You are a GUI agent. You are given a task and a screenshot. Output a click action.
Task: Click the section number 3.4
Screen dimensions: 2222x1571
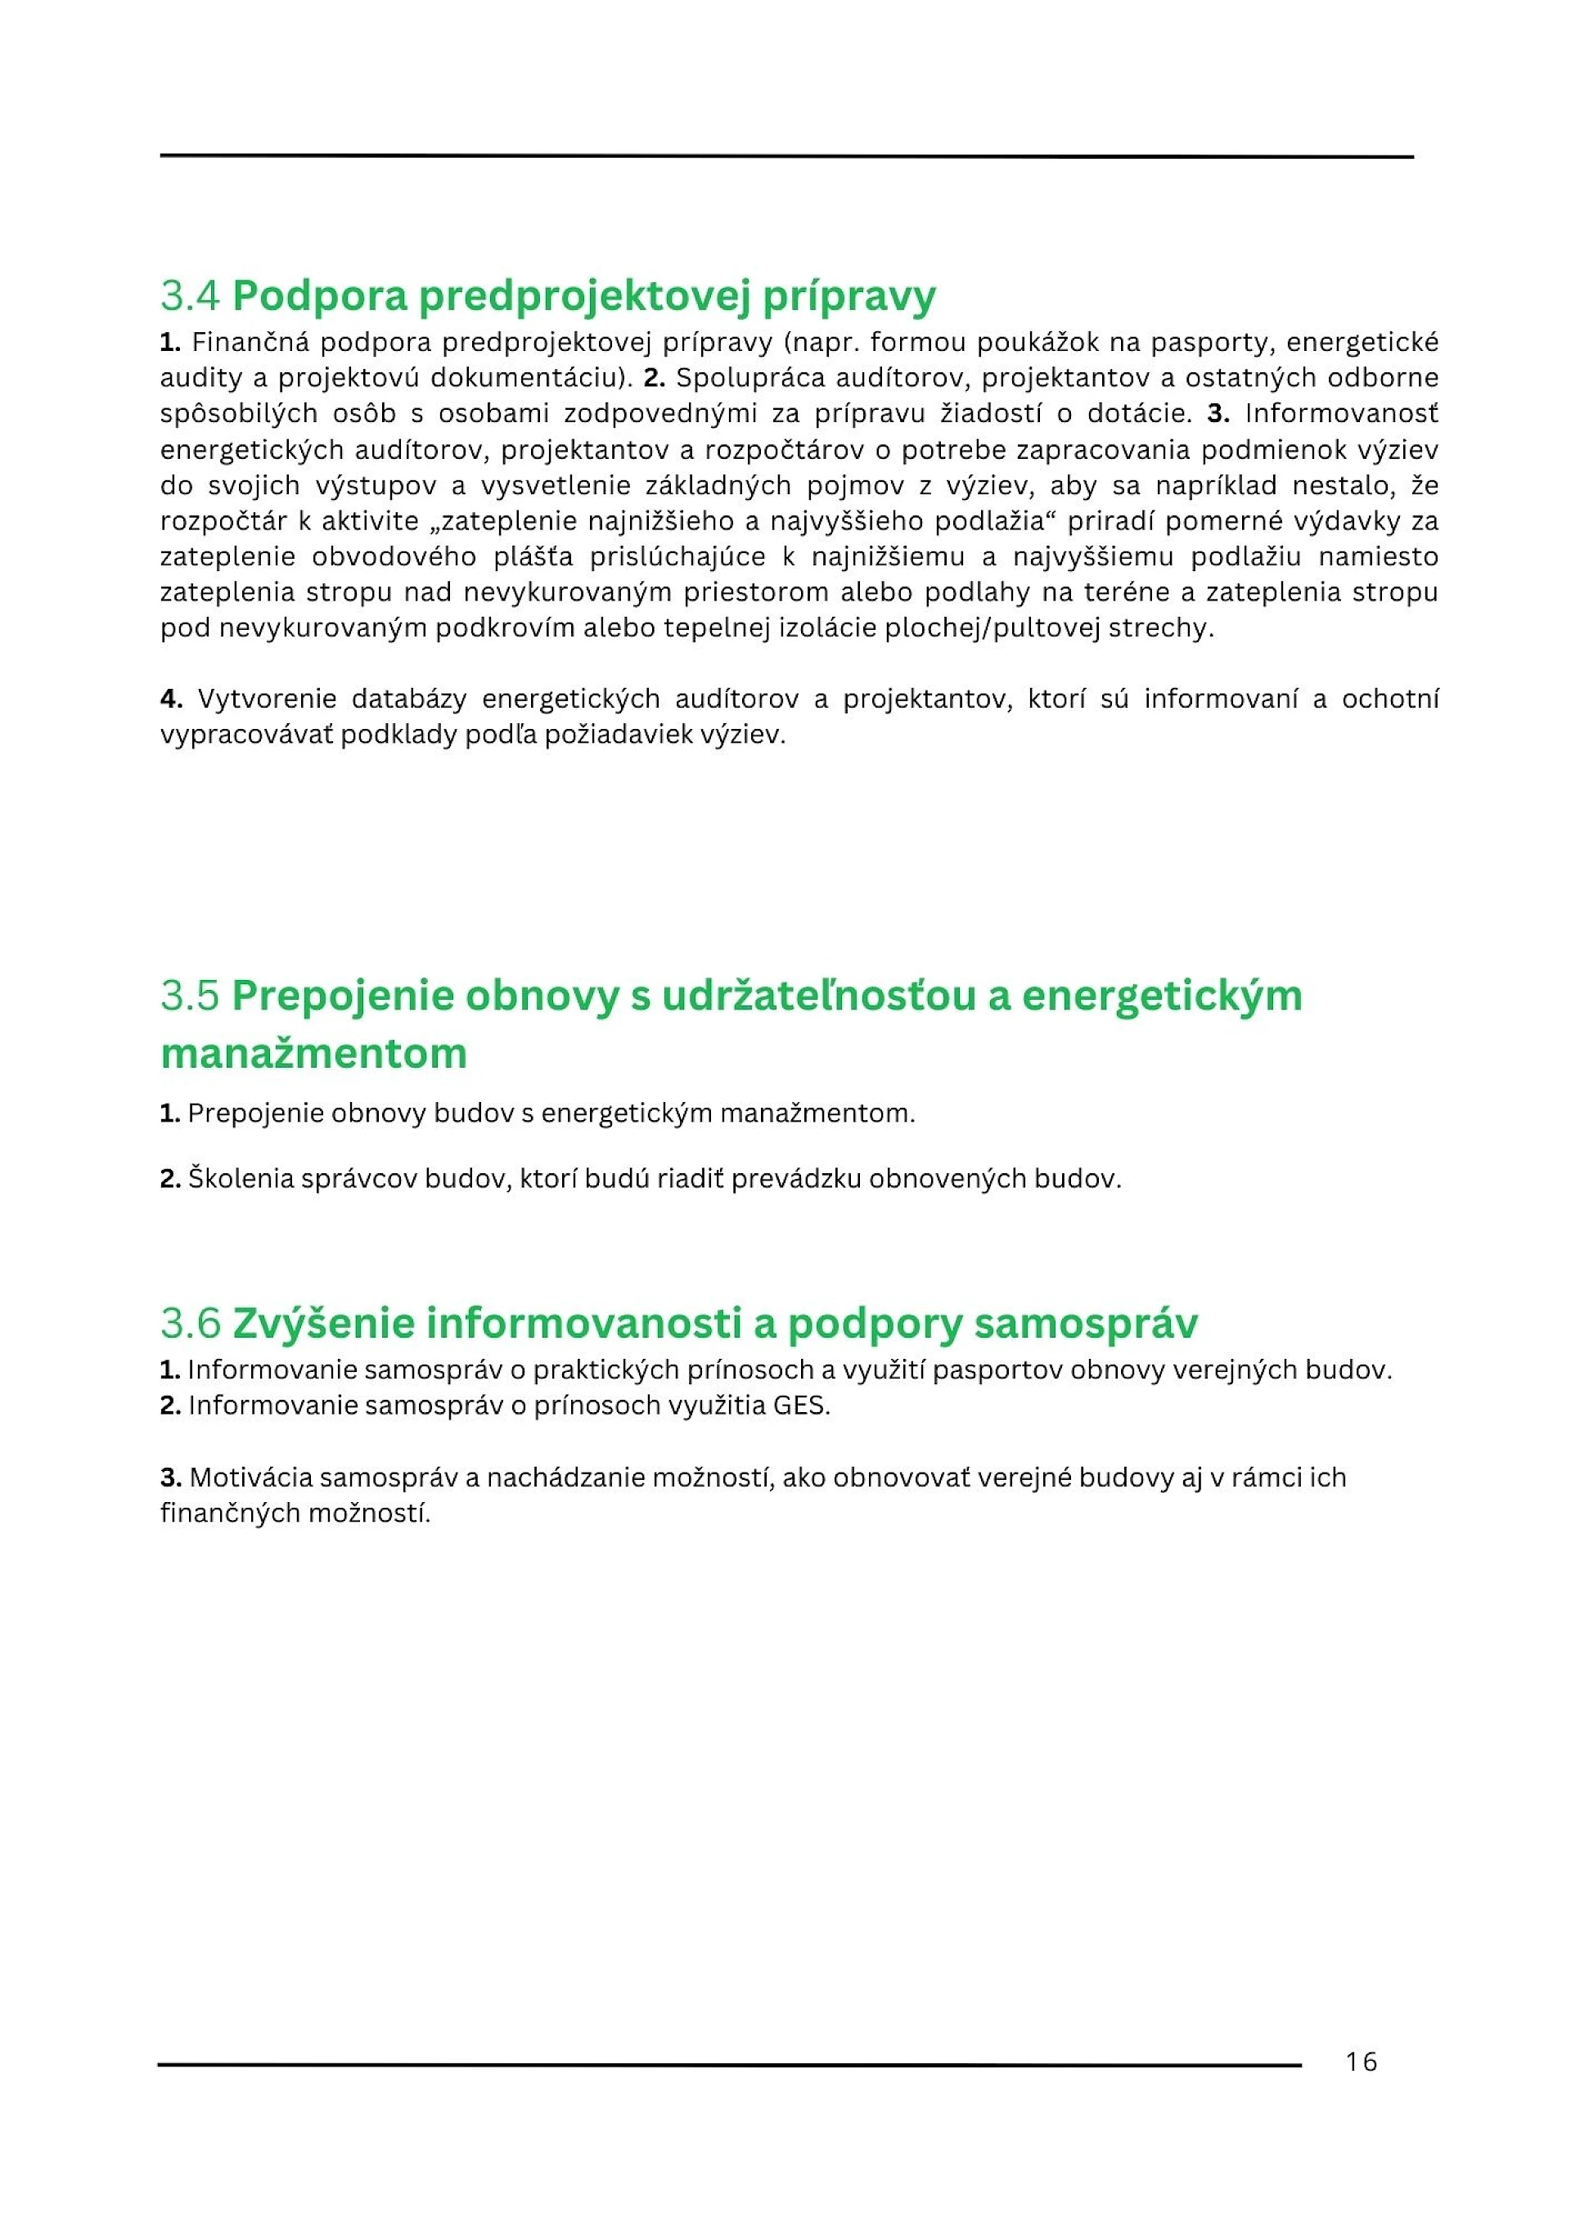(x=191, y=295)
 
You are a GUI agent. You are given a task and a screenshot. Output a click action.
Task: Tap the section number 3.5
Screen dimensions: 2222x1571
(x=191, y=996)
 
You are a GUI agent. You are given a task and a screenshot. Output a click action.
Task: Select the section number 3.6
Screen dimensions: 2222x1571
(x=191, y=1323)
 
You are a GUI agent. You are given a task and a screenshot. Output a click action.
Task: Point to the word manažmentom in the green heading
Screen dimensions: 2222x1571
(x=313, y=1053)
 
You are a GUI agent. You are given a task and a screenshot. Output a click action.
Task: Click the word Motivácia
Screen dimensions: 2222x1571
(x=250, y=1478)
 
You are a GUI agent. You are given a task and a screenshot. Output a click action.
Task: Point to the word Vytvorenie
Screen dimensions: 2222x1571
(x=265, y=699)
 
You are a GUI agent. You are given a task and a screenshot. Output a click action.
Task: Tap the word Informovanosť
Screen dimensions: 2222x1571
(x=1340, y=414)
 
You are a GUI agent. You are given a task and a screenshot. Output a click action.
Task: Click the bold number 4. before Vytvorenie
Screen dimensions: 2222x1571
(x=171, y=699)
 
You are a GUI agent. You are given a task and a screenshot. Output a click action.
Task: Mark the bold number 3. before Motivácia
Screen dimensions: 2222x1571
(x=171, y=1478)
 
